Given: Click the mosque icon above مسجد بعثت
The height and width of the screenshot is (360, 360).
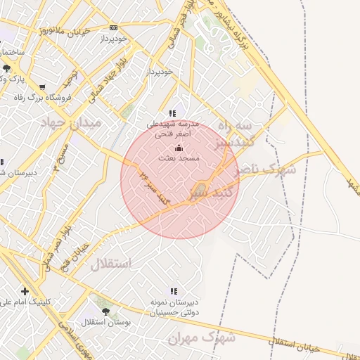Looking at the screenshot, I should [x=179, y=148].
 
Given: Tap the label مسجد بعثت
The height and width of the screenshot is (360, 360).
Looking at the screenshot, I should [x=179, y=159].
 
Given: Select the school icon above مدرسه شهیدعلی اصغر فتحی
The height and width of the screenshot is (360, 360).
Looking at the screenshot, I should [x=172, y=112].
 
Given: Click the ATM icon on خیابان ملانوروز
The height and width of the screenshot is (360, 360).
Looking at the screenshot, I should [x=113, y=28].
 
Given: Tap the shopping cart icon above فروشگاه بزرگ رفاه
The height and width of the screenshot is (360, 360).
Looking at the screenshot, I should [x=42, y=88].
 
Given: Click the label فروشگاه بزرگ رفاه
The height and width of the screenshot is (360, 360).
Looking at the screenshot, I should [x=42, y=98].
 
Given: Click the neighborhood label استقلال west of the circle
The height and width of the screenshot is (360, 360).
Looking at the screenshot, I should [x=111, y=264].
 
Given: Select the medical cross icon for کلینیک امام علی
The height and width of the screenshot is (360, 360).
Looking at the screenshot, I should [x=25, y=291].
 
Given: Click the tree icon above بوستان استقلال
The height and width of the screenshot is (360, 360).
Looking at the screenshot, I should [x=105, y=311].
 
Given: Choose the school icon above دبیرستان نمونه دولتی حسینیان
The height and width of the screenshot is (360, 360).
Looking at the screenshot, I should [x=173, y=291].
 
